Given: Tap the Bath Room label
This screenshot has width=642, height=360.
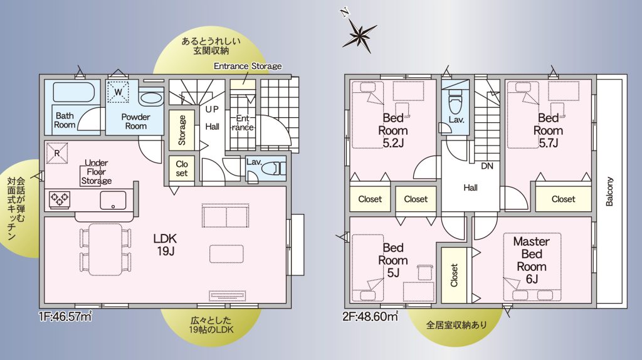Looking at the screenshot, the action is (65, 120).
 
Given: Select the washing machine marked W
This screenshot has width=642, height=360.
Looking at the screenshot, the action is (118, 92).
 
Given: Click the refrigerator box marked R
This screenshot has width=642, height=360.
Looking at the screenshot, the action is (57, 153).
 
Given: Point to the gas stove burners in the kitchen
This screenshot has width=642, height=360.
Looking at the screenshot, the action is (60, 199).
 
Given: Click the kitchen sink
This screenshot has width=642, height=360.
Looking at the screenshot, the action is (113, 200).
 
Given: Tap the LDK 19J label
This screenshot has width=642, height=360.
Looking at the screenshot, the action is (165, 244).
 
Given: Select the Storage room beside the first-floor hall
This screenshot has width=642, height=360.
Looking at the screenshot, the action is (182, 130).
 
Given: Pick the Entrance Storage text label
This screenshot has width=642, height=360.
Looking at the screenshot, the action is (248, 66).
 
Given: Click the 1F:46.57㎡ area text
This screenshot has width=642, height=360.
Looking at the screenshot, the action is (65, 316).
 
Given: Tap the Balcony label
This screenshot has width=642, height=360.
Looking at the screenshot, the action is (609, 191).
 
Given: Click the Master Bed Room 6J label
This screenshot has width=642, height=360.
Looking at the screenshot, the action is (532, 260).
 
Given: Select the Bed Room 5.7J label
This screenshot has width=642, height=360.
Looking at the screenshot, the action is (548, 130).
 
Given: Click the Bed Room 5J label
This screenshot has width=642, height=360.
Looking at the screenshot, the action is (393, 260).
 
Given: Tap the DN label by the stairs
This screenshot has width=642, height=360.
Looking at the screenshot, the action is (487, 166).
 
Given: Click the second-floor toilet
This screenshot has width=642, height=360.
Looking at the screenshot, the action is (455, 103).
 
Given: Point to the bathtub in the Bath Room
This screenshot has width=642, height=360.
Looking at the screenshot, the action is (74, 92).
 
